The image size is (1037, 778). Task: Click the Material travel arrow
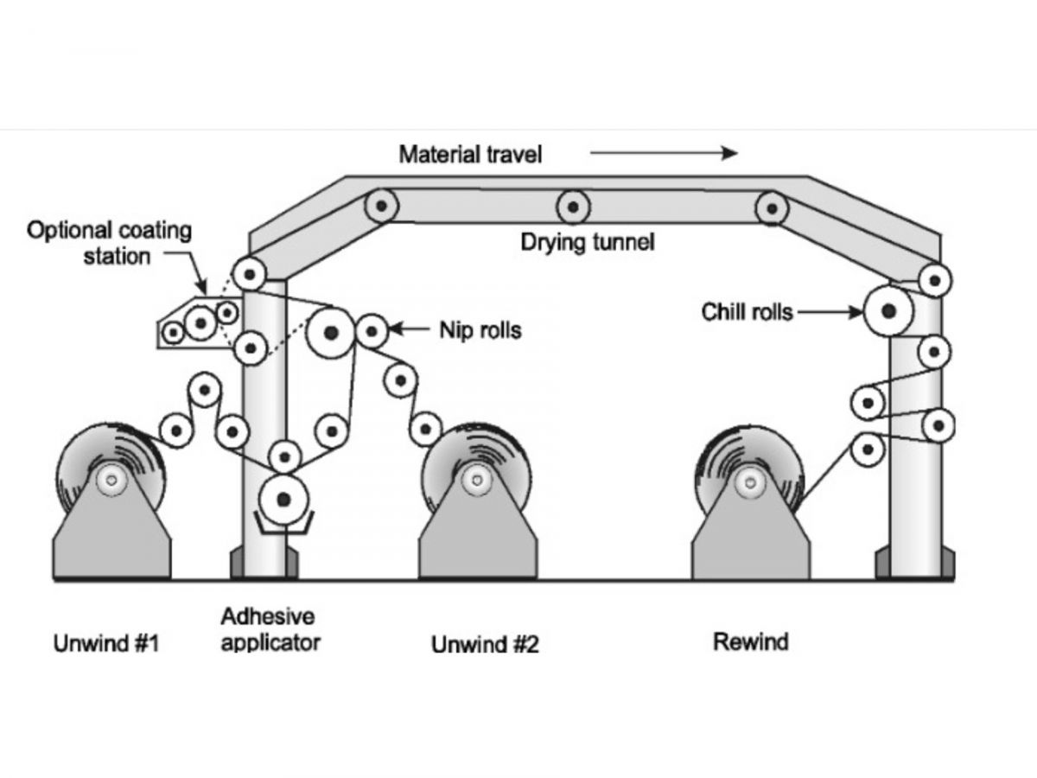click(x=664, y=153)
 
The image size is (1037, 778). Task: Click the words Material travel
click(x=470, y=155)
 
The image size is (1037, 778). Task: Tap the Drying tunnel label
click(x=588, y=242)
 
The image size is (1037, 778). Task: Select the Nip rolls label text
click(x=480, y=329)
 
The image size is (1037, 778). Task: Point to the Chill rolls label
click(x=747, y=312)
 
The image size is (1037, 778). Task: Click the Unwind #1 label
click(x=106, y=643)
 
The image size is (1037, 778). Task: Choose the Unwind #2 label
click(x=485, y=644)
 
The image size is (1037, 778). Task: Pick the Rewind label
click(x=751, y=642)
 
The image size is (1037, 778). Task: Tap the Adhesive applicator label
click(x=270, y=629)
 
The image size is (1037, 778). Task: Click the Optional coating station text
click(x=109, y=243)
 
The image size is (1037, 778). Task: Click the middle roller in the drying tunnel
click(x=573, y=207)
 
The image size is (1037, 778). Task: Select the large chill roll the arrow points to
click(x=888, y=311)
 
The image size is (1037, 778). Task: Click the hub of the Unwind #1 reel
click(x=111, y=481)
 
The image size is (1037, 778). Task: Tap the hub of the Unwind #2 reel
click(x=477, y=481)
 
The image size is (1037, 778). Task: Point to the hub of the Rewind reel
click(x=750, y=482)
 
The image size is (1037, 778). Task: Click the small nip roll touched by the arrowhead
click(x=372, y=332)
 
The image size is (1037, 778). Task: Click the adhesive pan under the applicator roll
click(x=283, y=523)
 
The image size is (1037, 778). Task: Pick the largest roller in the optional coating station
click(x=200, y=323)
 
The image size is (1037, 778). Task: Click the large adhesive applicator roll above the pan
click(x=283, y=500)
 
